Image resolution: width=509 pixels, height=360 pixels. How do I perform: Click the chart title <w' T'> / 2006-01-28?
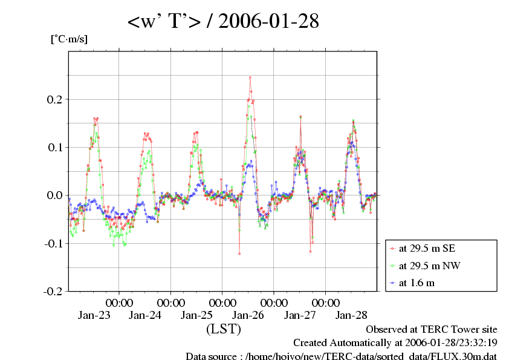223,22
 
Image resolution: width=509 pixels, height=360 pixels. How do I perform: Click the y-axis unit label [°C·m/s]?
69,39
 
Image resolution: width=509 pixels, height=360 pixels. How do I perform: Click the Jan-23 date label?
95,315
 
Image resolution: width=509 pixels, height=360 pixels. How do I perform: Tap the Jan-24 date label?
146,315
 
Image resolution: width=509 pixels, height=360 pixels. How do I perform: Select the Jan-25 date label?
197,315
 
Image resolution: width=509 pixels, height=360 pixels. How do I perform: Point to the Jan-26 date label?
248,315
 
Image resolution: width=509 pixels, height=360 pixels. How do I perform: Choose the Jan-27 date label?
300,315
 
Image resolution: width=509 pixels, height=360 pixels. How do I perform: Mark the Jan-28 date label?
351,315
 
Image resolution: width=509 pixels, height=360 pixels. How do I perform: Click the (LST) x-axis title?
224,330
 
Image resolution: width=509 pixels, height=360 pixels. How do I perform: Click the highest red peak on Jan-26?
250,77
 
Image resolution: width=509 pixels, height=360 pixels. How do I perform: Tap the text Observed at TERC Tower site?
432,330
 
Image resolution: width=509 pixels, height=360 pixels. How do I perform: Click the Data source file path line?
341,356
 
